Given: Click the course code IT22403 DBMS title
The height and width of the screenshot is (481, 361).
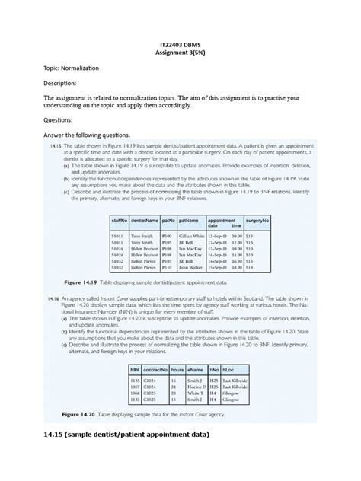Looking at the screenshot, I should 180,44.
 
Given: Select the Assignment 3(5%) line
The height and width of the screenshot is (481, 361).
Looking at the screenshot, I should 180,53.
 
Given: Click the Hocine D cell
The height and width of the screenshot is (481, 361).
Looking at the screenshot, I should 196,387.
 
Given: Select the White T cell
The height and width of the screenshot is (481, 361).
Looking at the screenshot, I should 194,393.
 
